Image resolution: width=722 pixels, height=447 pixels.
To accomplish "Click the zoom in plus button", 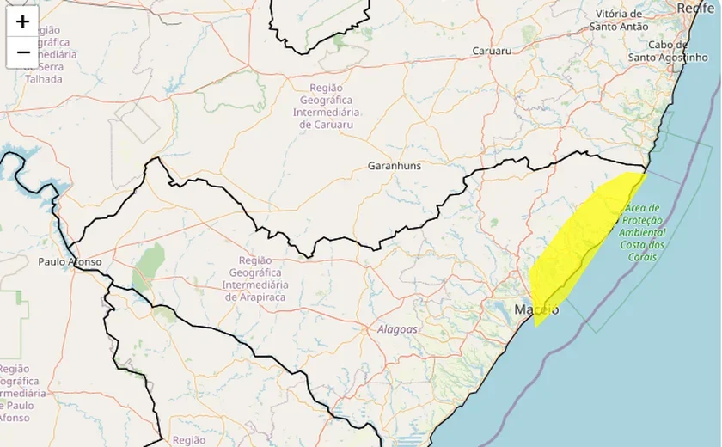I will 22,21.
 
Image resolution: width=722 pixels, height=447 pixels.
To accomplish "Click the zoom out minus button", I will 22,52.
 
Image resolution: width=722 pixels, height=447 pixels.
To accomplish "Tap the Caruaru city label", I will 493,52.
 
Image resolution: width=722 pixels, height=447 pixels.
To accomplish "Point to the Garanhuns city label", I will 395,166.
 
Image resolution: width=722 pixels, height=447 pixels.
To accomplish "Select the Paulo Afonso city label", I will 70,261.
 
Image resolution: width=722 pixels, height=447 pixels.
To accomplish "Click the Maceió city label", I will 536,309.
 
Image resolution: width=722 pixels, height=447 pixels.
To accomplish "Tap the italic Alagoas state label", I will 397,329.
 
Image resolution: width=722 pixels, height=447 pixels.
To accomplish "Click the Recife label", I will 695,8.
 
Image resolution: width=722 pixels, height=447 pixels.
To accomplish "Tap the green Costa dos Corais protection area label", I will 644,227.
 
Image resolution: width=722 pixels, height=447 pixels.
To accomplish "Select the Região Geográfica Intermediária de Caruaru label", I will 327,106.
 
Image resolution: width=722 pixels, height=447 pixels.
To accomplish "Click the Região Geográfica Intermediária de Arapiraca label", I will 256,279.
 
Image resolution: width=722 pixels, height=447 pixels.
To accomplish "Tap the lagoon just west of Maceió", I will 500,308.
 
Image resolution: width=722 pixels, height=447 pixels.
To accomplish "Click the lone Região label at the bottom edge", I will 188,440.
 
